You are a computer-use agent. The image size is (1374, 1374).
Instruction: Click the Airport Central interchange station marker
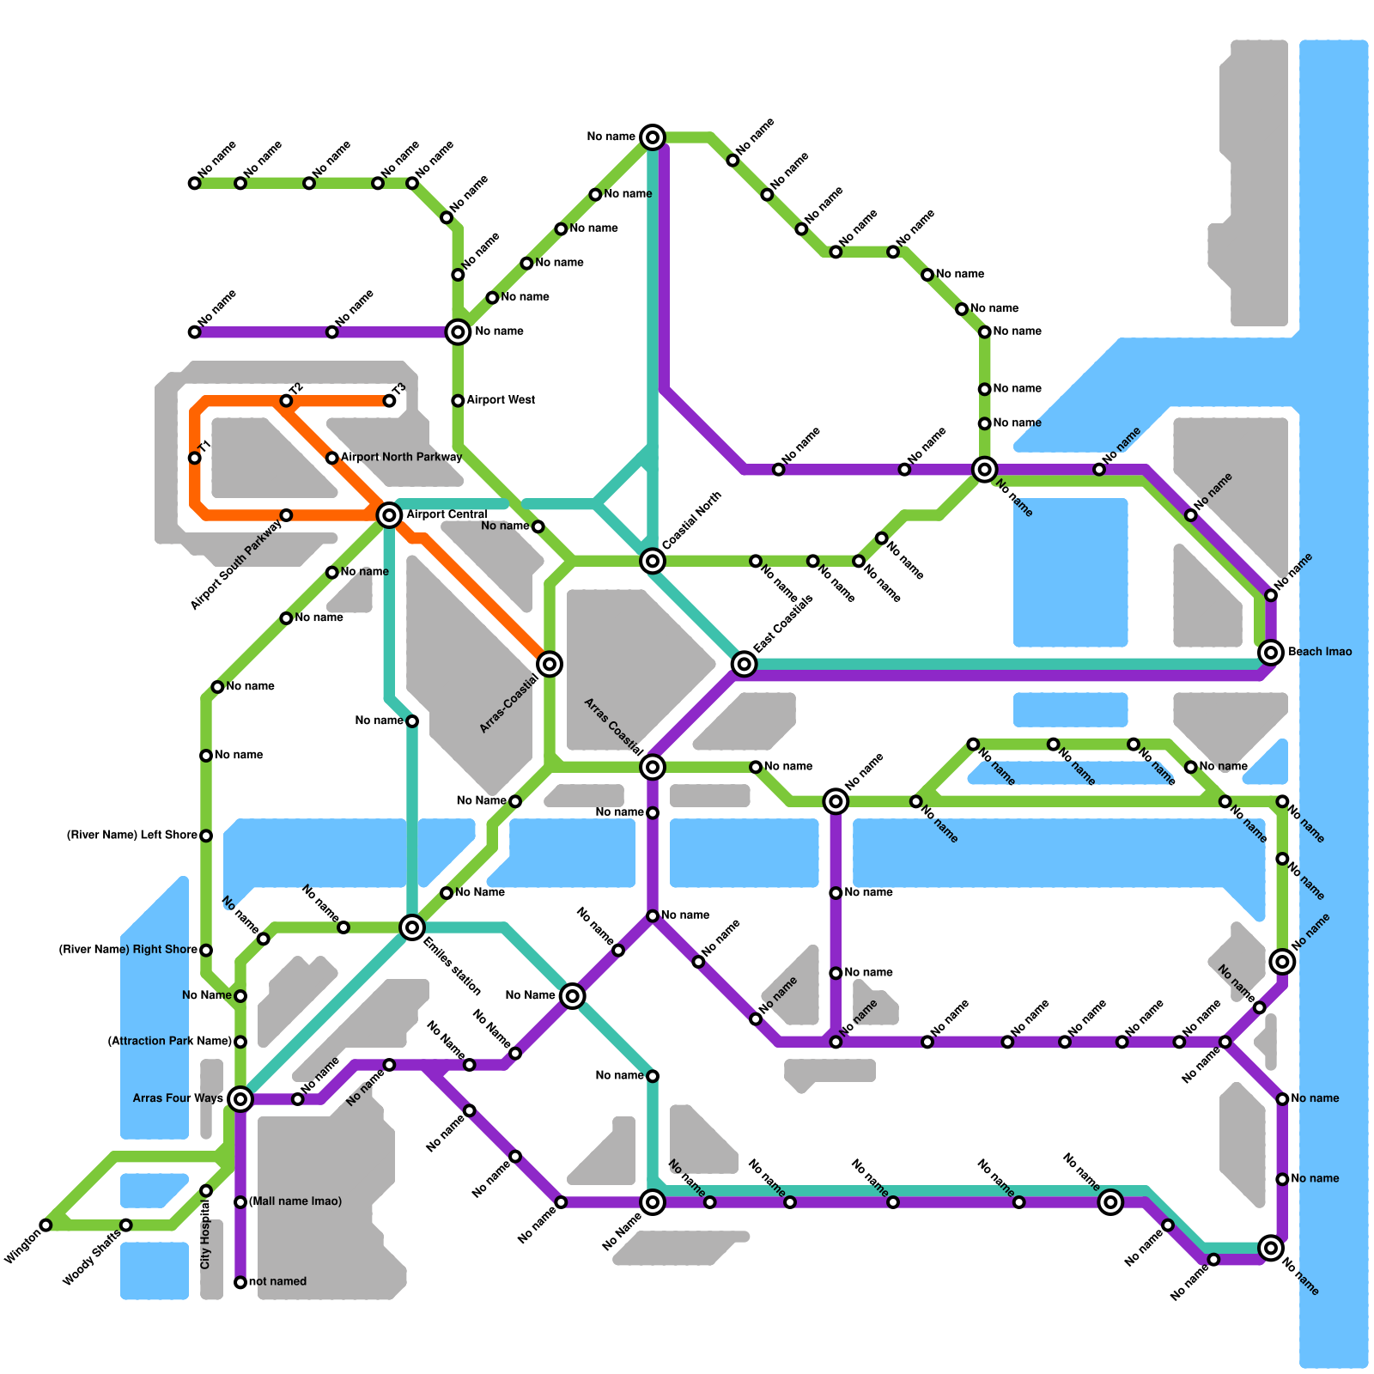(x=389, y=515)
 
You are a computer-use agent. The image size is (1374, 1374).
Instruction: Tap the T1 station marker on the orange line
(x=195, y=458)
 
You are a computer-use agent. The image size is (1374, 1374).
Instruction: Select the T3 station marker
(x=389, y=401)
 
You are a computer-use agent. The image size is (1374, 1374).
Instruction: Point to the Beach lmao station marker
(x=1271, y=653)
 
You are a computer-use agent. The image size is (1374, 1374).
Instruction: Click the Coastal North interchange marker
(x=653, y=561)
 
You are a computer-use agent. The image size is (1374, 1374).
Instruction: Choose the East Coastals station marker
(x=745, y=664)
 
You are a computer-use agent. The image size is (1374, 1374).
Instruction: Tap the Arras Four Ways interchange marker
(x=241, y=1098)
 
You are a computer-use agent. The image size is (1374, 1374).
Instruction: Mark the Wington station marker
(x=46, y=1225)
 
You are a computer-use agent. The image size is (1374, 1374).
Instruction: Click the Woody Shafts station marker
(x=126, y=1225)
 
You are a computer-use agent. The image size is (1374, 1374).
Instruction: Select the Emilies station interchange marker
(x=412, y=927)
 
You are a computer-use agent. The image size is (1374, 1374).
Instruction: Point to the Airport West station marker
(x=458, y=401)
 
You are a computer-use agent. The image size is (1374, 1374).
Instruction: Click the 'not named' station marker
(x=240, y=1282)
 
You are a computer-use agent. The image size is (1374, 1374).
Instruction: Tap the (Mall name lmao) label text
(x=295, y=1201)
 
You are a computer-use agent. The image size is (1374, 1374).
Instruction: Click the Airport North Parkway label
(x=401, y=457)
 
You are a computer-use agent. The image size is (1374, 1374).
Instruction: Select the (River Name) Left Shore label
(x=132, y=835)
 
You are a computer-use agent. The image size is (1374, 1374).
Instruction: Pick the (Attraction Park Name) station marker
(x=240, y=1042)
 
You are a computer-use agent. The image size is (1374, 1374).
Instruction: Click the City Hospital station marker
(x=206, y=1191)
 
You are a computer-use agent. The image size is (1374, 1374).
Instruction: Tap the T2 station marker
(x=286, y=401)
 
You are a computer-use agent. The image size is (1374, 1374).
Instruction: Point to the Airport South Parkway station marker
(x=286, y=515)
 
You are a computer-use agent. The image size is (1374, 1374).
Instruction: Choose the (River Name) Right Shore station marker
(x=206, y=950)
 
